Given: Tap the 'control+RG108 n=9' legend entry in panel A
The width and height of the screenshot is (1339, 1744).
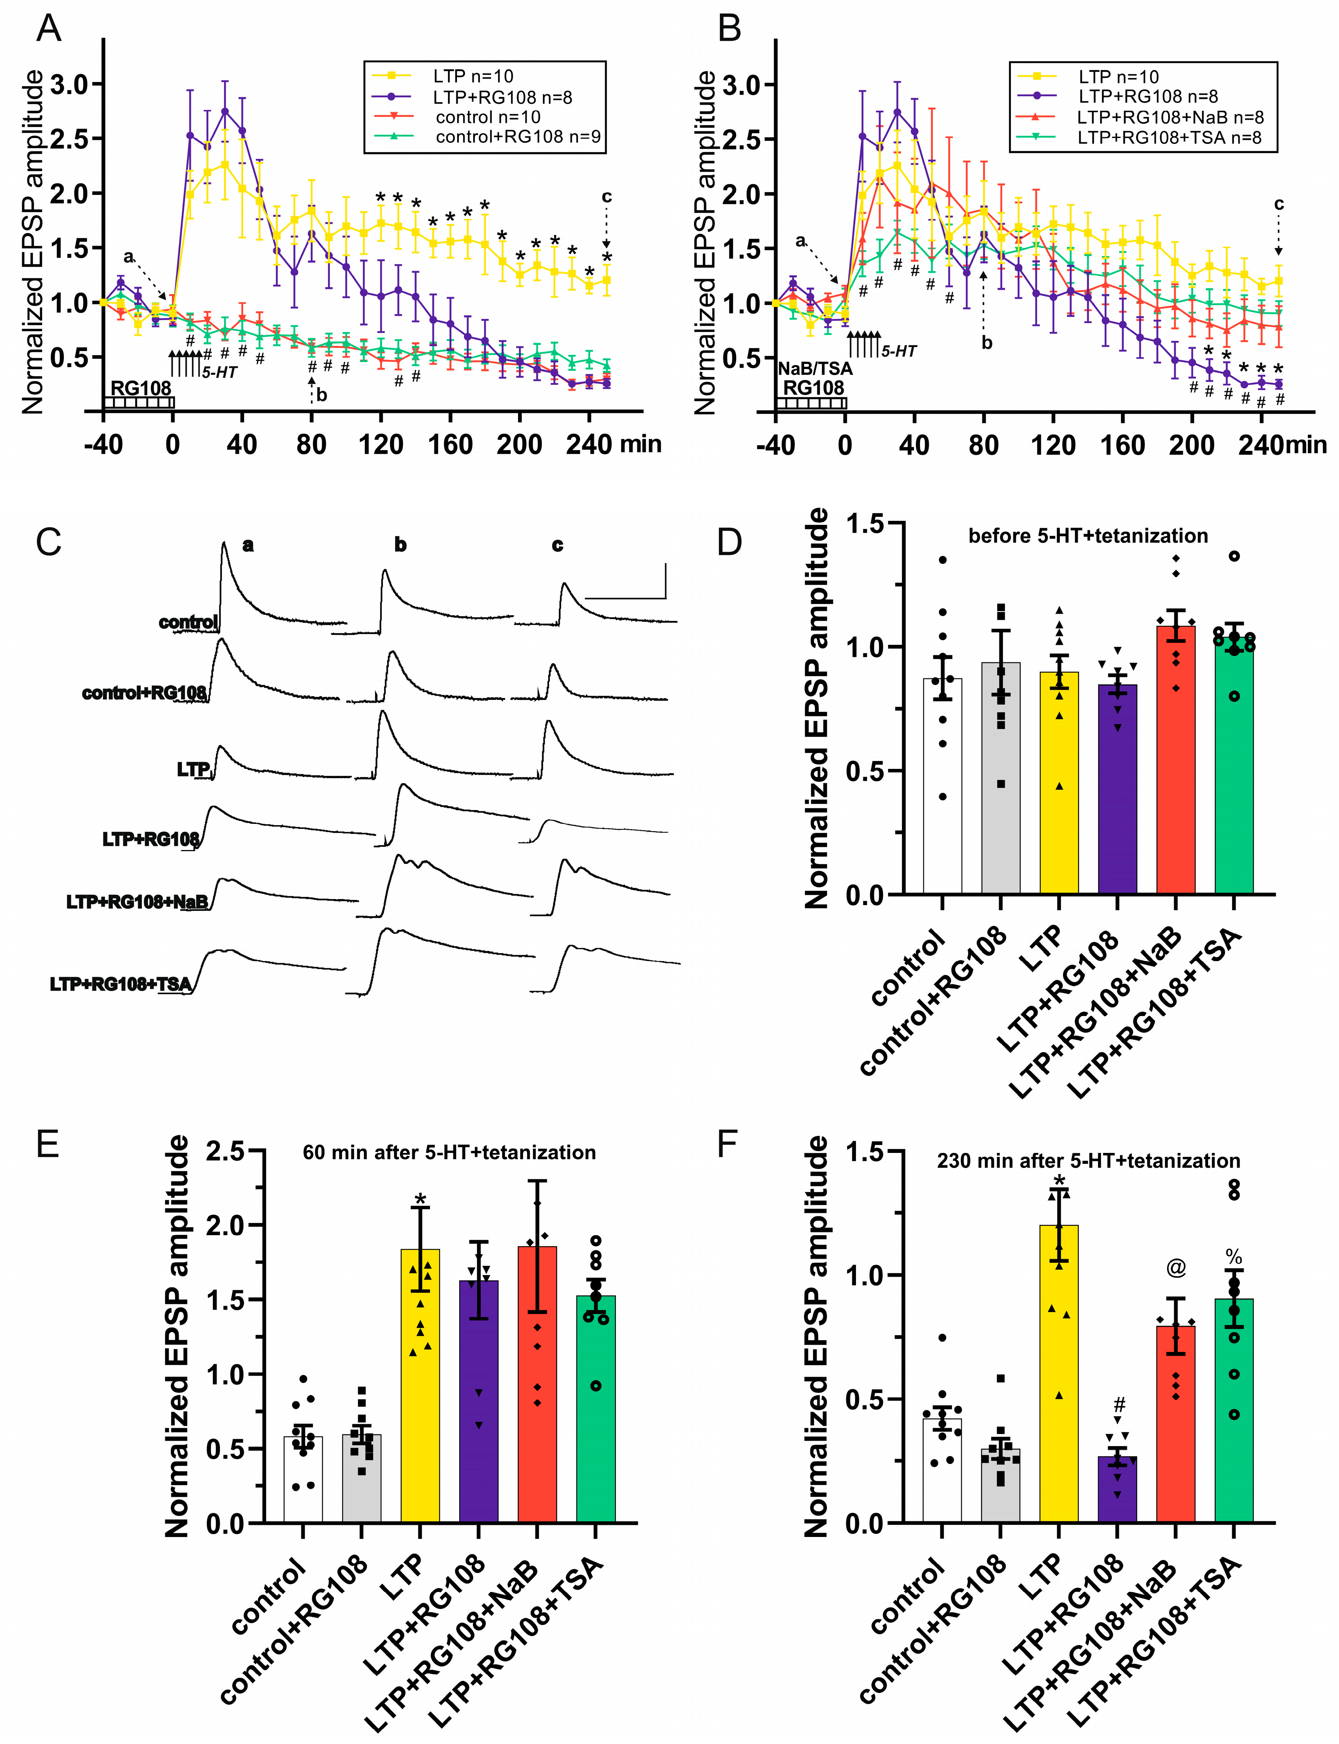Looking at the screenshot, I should pyautogui.click(x=518, y=137).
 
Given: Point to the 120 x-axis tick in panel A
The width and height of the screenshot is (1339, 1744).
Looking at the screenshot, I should pyautogui.click(x=380, y=444).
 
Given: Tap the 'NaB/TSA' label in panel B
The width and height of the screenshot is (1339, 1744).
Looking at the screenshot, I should pyautogui.click(x=815, y=368).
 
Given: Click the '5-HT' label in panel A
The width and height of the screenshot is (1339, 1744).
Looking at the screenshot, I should pyautogui.click(x=219, y=372).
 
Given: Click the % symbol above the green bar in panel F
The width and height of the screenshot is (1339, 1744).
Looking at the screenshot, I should pyautogui.click(x=1234, y=1258).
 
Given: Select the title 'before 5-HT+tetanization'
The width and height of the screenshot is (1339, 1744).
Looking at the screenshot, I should pyautogui.click(x=1088, y=536).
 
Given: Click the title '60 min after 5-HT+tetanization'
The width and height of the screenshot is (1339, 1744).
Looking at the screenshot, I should pyautogui.click(x=449, y=1153).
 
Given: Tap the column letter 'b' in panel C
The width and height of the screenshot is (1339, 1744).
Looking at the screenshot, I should pyautogui.click(x=400, y=545).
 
